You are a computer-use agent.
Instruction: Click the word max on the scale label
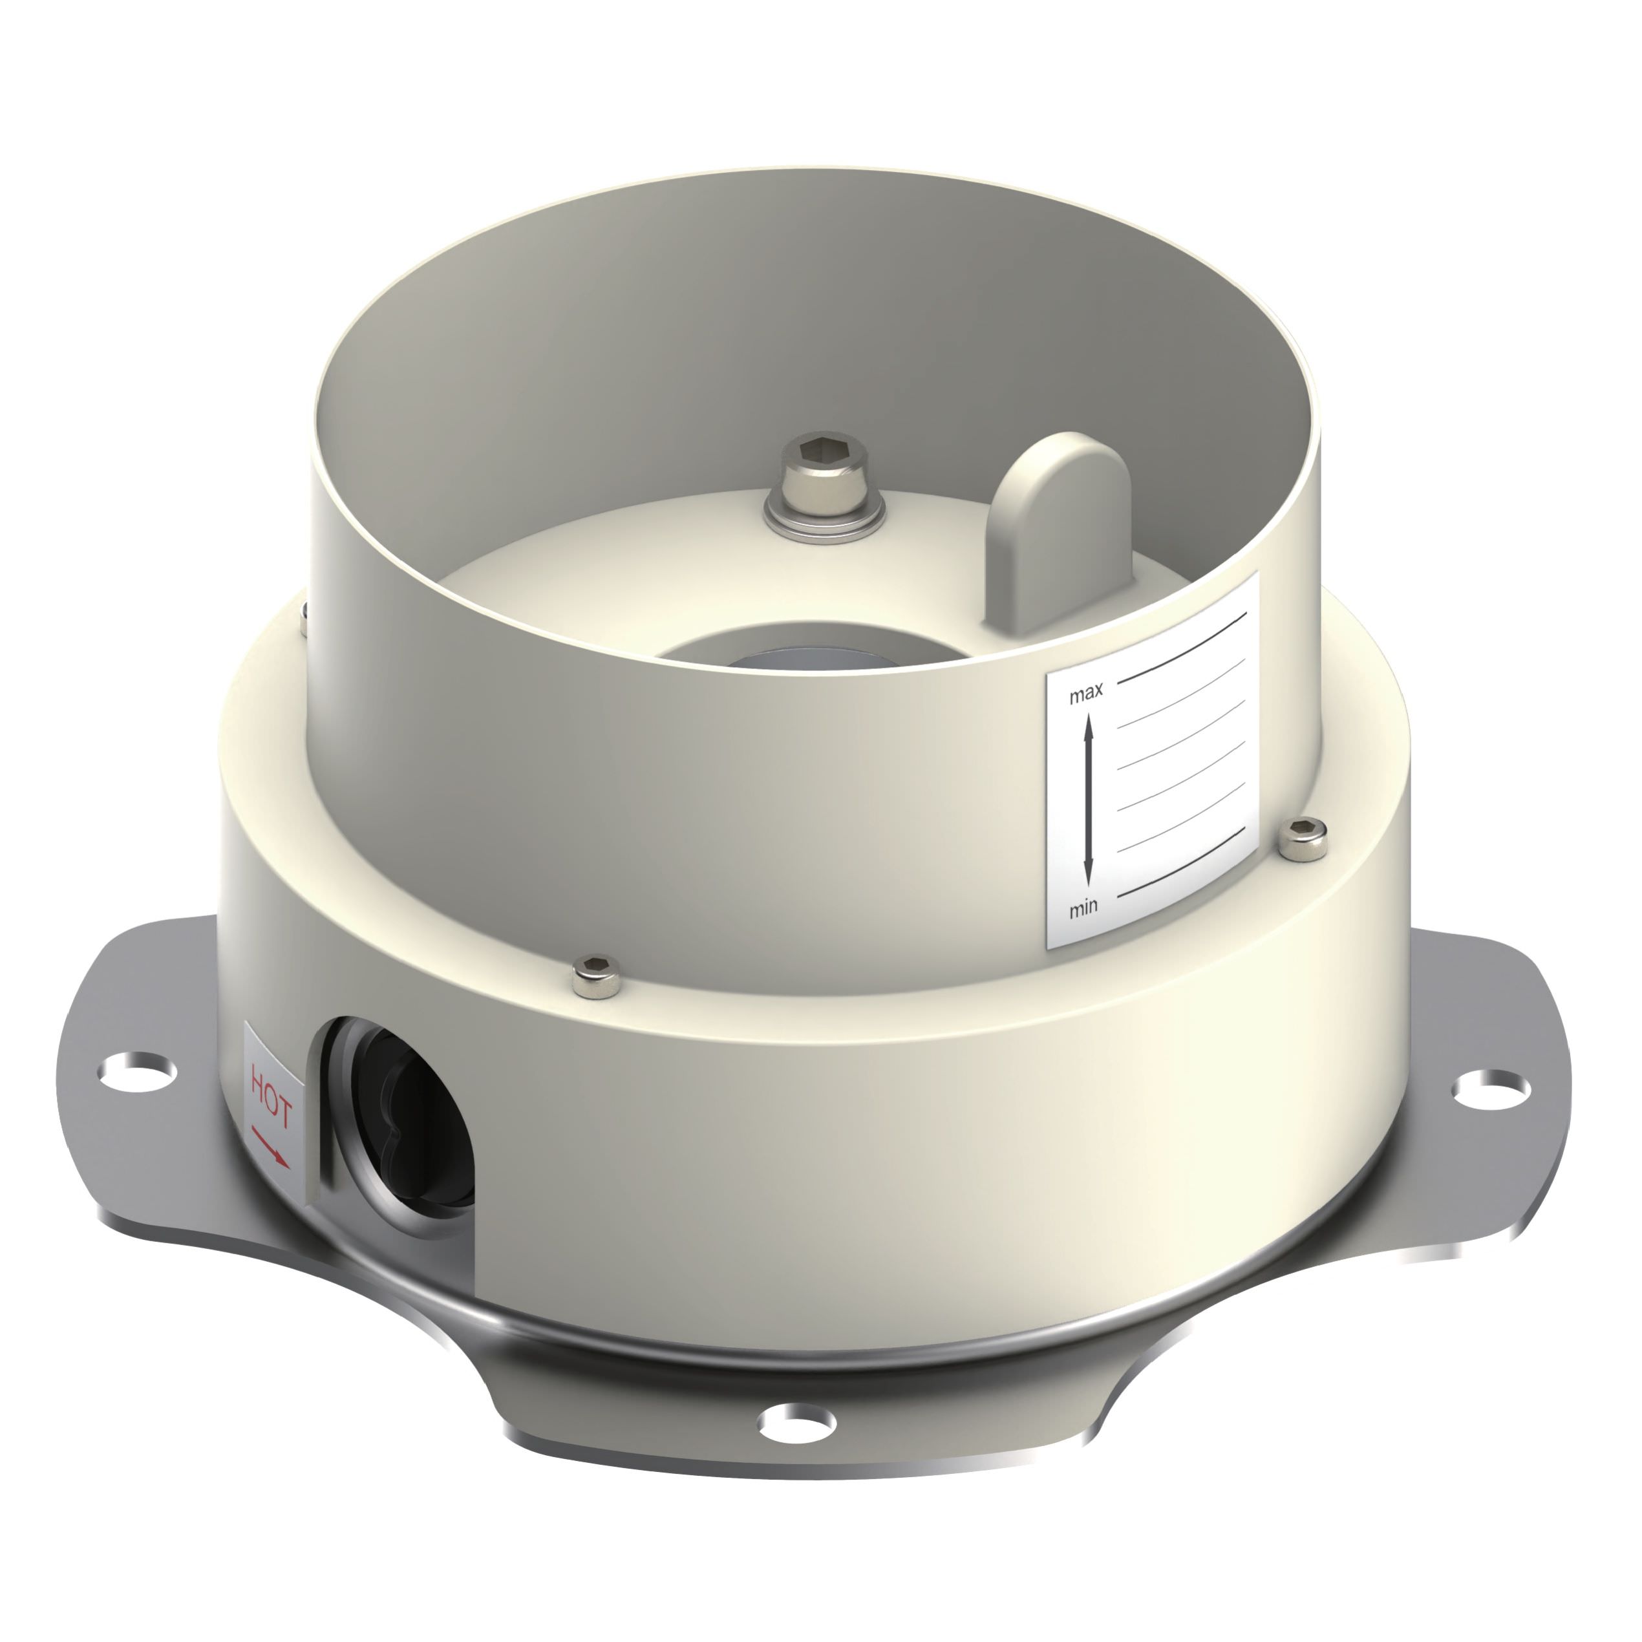coord(1086,694)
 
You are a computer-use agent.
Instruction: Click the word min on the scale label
coord(1083,908)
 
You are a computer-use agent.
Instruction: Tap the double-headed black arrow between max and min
coord(1087,799)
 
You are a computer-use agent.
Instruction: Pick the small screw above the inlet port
coord(597,976)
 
